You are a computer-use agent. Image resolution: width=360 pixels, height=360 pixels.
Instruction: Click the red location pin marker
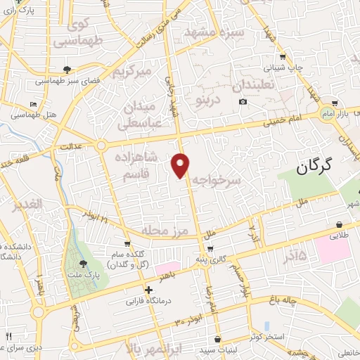(x=181, y=165)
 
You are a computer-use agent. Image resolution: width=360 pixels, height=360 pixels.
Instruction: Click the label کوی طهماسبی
(x=87, y=32)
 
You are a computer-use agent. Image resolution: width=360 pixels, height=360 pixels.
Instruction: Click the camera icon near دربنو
(x=243, y=102)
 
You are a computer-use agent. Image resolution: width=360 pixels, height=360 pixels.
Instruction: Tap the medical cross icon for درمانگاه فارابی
(x=148, y=290)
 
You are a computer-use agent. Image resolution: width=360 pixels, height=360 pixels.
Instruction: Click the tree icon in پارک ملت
(x=84, y=264)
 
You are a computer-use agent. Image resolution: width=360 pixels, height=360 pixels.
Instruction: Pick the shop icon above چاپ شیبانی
(x=282, y=57)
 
